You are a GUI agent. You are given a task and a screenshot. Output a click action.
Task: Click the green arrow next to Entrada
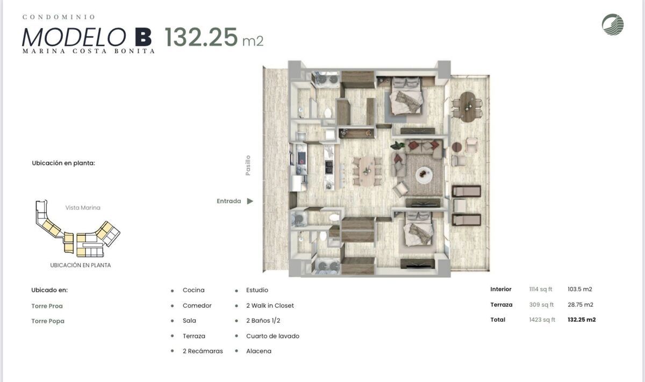click(x=250, y=201)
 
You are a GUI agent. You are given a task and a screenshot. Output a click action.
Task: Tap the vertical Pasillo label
click(x=248, y=165)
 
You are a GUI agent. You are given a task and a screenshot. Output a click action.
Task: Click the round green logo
click(x=613, y=25)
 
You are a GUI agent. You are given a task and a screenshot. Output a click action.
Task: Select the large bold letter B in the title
click(x=144, y=37)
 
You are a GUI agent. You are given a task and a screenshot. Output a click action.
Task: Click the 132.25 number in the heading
click(x=201, y=37)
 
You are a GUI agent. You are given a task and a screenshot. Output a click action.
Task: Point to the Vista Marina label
click(x=83, y=207)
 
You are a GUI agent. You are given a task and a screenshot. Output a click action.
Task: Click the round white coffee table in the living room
click(x=424, y=175)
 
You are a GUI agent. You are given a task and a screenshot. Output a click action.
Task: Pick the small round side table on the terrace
click(x=457, y=147)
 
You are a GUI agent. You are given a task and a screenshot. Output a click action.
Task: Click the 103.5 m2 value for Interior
click(x=580, y=289)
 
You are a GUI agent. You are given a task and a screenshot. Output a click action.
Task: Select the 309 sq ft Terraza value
click(x=541, y=305)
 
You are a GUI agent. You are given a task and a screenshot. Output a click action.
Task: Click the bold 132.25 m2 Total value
click(x=582, y=320)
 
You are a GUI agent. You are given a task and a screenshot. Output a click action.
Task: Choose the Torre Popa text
click(x=48, y=321)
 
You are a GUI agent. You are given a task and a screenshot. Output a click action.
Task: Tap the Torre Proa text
click(x=47, y=306)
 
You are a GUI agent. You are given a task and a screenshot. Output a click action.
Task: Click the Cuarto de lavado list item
click(x=273, y=336)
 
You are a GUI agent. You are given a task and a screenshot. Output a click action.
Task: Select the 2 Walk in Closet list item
click(x=270, y=305)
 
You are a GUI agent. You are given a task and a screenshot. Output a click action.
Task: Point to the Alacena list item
click(x=259, y=351)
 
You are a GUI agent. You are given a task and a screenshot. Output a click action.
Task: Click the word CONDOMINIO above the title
click(x=59, y=17)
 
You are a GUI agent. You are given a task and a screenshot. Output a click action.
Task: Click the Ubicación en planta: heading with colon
click(x=63, y=163)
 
